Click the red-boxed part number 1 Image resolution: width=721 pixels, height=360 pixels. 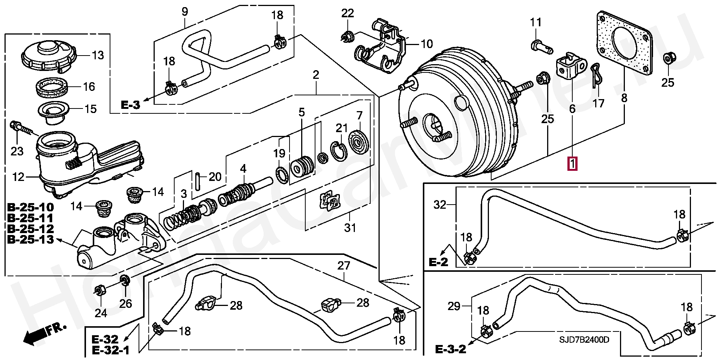click(572, 164)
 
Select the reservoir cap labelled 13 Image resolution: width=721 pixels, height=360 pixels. click(48, 56)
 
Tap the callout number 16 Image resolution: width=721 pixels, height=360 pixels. click(89, 87)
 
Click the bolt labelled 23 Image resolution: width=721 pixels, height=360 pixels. click(22, 128)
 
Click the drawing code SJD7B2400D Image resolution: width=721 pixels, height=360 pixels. click(584, 340)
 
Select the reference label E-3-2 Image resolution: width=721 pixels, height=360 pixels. click(451, 349)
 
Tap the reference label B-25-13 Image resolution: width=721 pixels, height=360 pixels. click(30, 239)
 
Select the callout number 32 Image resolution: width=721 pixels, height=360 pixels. click(440, 205)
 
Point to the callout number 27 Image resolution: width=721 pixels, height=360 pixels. click(344, 265)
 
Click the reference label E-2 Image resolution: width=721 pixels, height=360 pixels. click(439, 262)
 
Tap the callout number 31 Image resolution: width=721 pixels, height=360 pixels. click(350, 227)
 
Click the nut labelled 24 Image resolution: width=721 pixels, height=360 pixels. click(100, 291)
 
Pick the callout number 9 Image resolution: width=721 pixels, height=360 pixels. click(185, 11)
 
